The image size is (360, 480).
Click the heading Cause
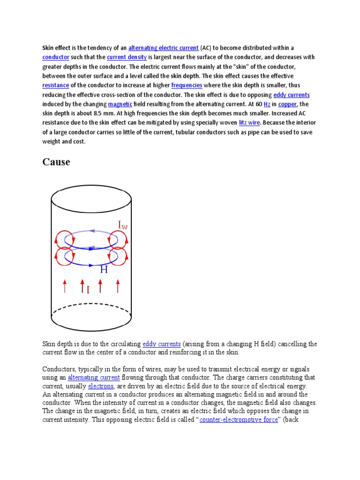56,162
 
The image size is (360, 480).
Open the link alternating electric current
163,48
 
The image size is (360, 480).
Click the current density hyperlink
127,57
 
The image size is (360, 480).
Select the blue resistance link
56,85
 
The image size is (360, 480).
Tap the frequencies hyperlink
187,85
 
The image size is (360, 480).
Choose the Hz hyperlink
267,104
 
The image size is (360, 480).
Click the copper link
287,104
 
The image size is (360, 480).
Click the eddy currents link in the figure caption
161,344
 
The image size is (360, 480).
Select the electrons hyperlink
101,386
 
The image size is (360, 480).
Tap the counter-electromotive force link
239,420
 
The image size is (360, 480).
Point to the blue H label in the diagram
104,270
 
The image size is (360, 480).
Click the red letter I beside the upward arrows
88,290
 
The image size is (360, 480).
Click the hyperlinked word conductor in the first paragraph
56,57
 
